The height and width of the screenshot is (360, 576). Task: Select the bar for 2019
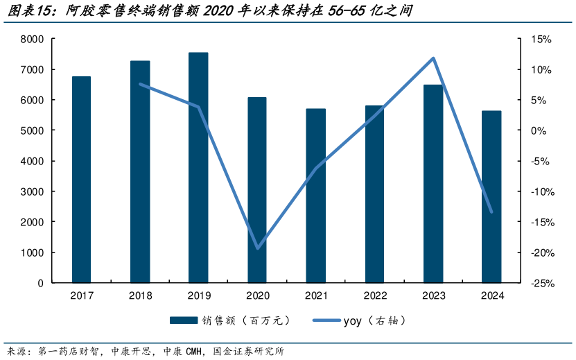[x=198, y=167]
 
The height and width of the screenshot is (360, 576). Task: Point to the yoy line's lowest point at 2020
[x=258, y=248]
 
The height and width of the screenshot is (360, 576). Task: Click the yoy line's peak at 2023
[x=433, y=58]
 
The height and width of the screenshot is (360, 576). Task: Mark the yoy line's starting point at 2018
[x=140, y=85]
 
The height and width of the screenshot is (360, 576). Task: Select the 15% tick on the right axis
[x=541, y=40]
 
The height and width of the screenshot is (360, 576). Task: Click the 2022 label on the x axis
[x=374, y=295]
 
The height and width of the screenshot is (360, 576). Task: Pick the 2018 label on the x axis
[x=140, y=295]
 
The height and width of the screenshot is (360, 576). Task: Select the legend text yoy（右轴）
[x=375, y=320]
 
